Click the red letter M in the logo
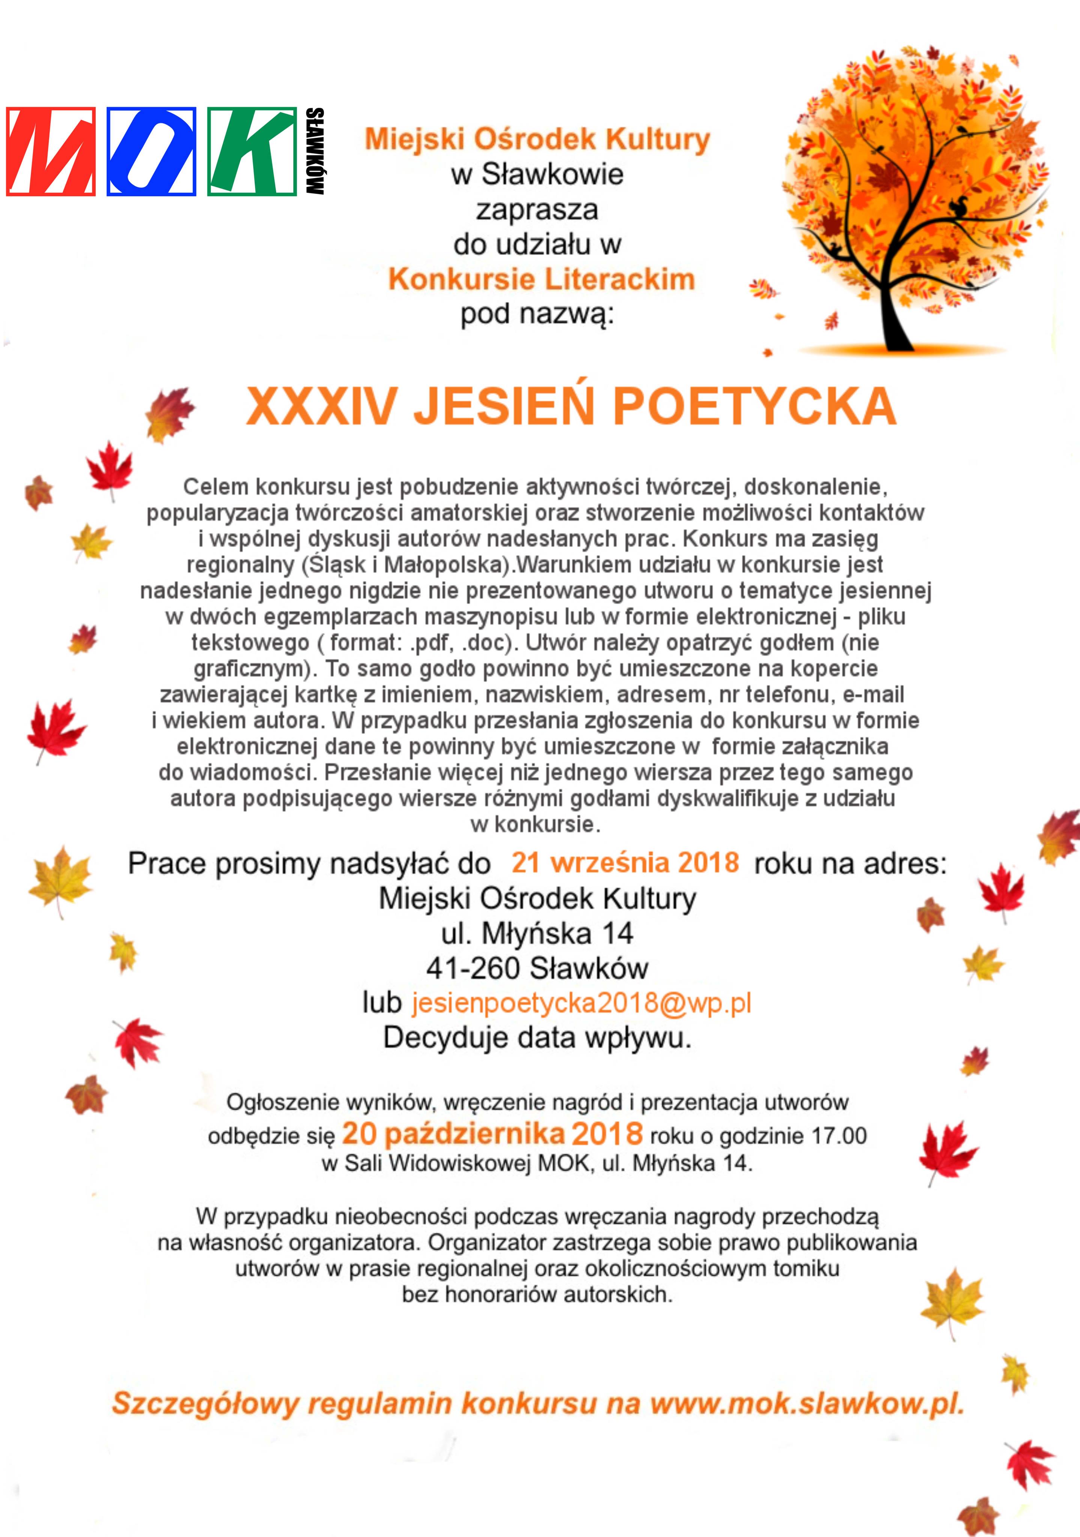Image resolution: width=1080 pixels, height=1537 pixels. [x=51, y=151]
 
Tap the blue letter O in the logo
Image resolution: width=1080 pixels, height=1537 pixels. [x=151, y=151]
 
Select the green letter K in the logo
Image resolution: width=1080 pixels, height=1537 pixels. [x=252, y=151]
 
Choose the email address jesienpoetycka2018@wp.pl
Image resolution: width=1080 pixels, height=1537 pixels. [x=581, y=1003]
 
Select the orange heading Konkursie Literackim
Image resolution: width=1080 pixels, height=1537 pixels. [x=541, y=279]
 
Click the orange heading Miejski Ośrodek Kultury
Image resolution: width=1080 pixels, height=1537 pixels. [x=537, y=139]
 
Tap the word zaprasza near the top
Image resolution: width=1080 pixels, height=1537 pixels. [x=537, y=209]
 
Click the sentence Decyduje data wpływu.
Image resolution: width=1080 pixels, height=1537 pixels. [x=537, y=1038]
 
